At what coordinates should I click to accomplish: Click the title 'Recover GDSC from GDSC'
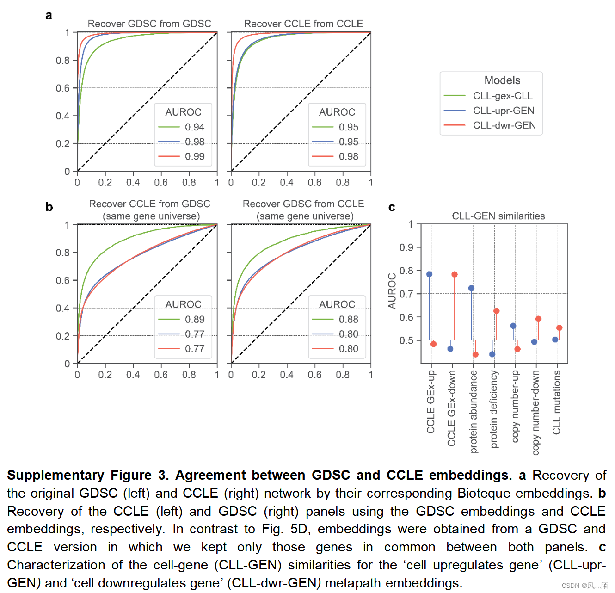pos(149,24)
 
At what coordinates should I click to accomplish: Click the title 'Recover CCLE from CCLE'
pos(303,24)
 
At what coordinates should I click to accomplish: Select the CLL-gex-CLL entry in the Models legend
pos(503,96)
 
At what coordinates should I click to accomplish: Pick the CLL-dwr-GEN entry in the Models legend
pos(504,125)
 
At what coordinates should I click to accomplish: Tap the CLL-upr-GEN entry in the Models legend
pos(504,111)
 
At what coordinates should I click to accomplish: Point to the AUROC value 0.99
pos(195,156)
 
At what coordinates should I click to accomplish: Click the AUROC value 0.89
pos(195,319)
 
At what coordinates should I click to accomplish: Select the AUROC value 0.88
pos(349,319)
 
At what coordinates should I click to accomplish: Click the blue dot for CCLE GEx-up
pos(429,274)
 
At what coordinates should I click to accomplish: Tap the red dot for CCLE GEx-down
pos(455,274)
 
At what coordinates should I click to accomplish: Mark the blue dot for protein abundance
pos(471,288)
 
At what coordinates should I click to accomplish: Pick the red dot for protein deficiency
pos(496,311)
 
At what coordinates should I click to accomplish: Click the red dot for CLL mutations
pos(559,327)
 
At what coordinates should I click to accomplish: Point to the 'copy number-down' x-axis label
pos(536,412)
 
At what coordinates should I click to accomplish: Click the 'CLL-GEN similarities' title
pos(498,216)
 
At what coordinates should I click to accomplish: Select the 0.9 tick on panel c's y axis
pos(406,247)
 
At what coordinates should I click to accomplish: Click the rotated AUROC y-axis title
pos(392,291)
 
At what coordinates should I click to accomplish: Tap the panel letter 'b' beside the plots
pos(49,207)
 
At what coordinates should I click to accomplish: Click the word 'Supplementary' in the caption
pos(55,475)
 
